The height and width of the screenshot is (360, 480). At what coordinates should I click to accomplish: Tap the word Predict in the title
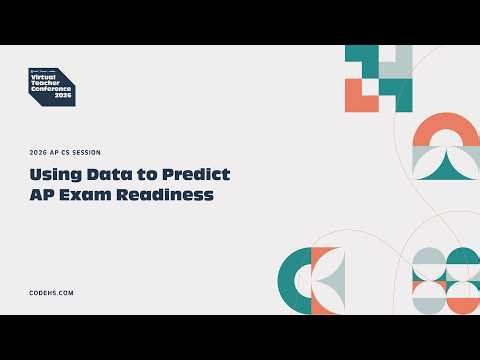195,175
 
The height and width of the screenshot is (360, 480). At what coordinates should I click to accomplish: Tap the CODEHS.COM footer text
52,292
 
